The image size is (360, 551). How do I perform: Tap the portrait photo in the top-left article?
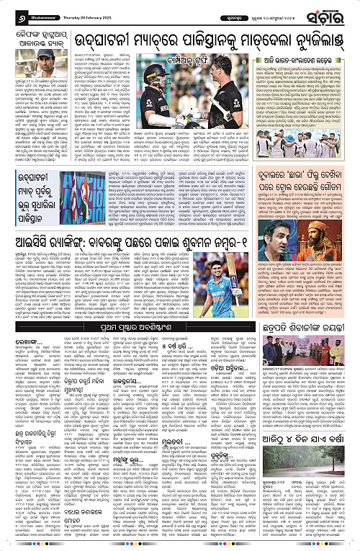click(24, 61)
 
